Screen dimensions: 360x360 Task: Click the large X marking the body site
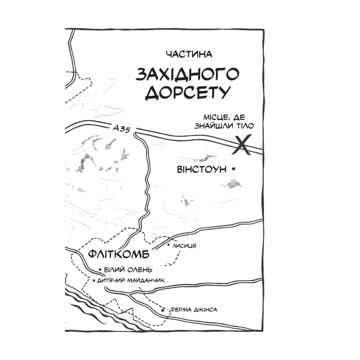click(x=242, y=145)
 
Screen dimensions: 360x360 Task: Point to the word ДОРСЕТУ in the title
click(x=188, y=92)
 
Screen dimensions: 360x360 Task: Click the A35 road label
click(x=122, y=129)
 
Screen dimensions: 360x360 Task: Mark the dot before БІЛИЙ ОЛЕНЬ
click(x=100, y=270)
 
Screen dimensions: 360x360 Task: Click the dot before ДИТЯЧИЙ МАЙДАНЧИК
click(x=93, y=281)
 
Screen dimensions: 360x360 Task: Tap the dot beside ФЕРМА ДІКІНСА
click(x=163, y=310)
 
